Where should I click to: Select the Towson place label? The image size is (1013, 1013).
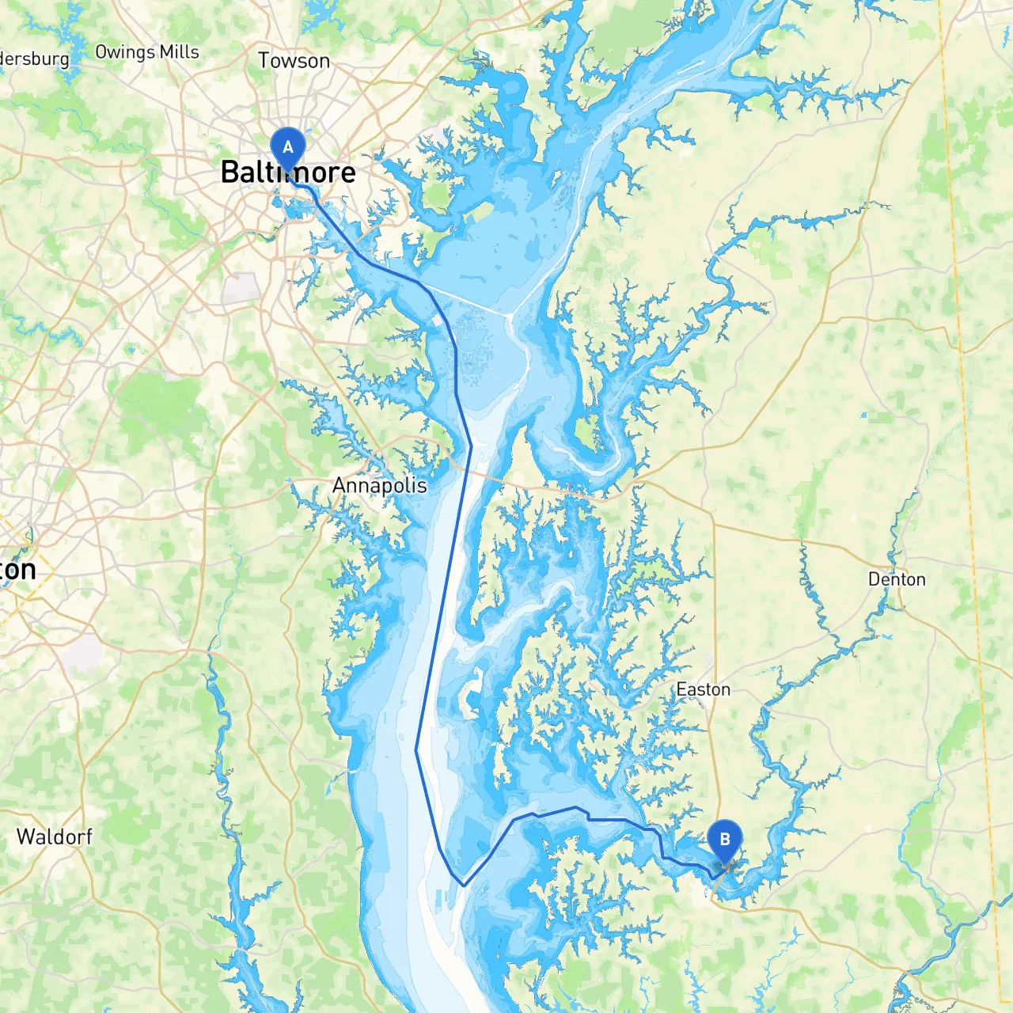[294, 61]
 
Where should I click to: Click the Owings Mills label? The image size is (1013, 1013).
[147, 52]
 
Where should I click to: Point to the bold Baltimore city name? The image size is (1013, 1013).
[288, 173]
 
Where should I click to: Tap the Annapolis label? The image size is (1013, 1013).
[379, 485]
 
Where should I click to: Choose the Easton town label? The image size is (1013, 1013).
[703, 689]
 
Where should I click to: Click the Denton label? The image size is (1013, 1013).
[897, 579]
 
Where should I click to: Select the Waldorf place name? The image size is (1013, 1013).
[55, 837]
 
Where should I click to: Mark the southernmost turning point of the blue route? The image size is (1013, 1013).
[464, 885]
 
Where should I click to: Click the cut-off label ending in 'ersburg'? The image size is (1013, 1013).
[35, 59]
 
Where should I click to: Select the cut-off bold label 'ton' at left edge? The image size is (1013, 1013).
[17, 570]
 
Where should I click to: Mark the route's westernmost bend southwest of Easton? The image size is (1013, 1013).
[417, 750]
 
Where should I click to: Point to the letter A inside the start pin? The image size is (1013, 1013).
[288, 146]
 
